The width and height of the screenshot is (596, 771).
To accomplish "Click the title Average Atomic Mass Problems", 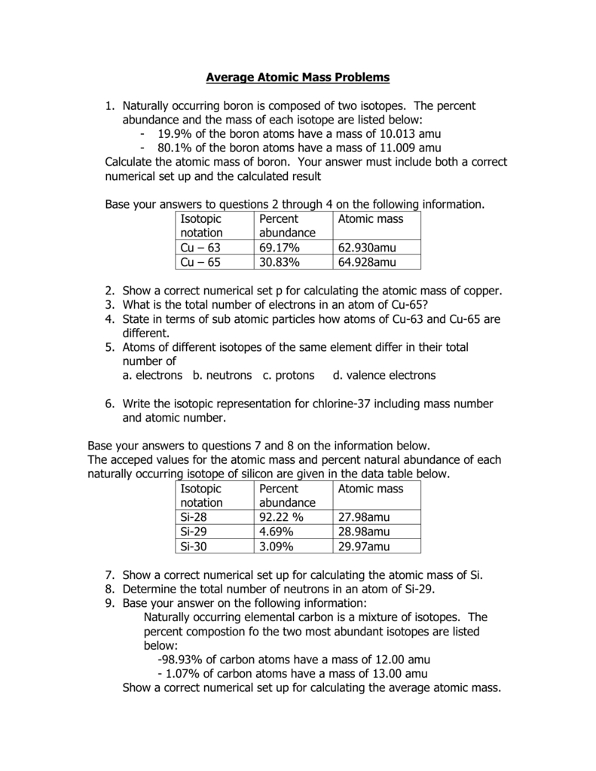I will (x=298, y=78).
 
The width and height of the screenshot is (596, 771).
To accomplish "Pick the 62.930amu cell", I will (x=367, y=248).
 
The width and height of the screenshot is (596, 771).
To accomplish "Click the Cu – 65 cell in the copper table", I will (x=200, y=262).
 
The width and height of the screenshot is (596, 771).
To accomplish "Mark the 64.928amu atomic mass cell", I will (x=367, y=262).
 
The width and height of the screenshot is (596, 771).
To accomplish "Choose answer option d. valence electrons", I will (x=378, y=375).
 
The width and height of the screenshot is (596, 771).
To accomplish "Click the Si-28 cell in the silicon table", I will (x=194, y=517).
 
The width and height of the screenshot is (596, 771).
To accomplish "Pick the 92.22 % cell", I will (x=281, y=517).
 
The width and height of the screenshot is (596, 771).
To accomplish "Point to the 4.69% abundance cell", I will (x=277, y=532).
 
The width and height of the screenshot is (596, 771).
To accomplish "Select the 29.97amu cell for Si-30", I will (x=364, y=546).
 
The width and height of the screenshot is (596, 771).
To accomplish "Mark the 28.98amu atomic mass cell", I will (x=364, y=532).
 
